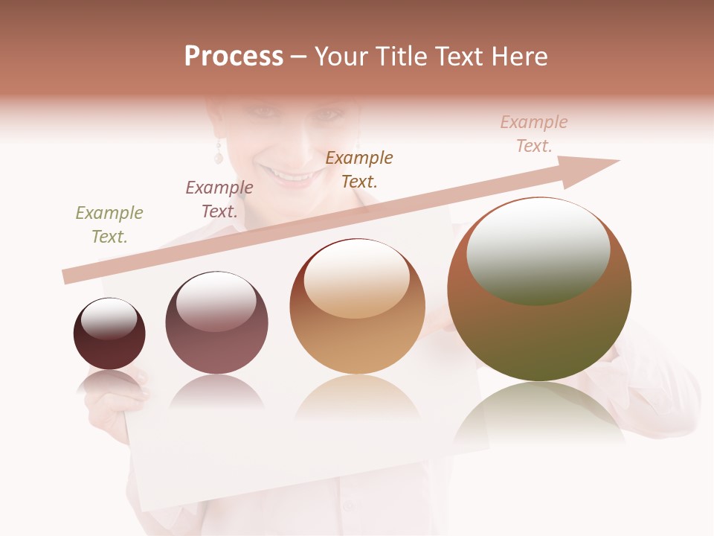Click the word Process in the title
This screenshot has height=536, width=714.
point(234,57)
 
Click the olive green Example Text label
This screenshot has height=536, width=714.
point(109,225)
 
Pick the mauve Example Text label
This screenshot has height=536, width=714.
point(219,200)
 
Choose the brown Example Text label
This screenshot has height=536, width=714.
point(359,170)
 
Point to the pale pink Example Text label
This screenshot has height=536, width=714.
point(534,134)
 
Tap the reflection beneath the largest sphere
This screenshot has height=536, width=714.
point(539,413)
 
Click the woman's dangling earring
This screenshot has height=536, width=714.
point(219,153)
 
